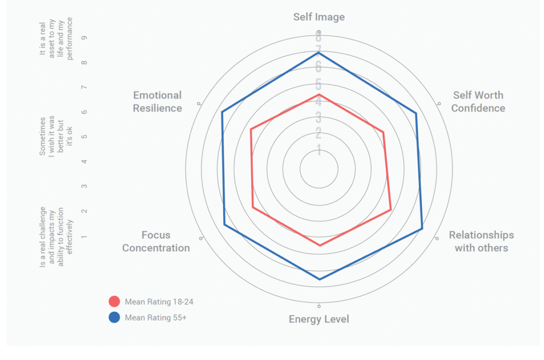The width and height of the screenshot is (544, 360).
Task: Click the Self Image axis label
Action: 319,17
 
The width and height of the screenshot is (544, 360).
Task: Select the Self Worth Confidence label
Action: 478,101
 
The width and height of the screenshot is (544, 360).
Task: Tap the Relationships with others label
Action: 481,241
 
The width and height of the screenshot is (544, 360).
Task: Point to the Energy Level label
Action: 319,319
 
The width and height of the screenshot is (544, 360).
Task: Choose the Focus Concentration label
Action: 156,241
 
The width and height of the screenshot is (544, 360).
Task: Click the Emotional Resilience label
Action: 157,101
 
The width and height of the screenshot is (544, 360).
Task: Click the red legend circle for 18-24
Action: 114,302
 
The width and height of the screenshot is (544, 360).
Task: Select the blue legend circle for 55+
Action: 114,318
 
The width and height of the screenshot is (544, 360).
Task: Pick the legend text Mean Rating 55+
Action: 156,318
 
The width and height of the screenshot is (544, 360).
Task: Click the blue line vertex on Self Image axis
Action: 319,53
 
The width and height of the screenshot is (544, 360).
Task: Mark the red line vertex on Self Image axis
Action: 319,95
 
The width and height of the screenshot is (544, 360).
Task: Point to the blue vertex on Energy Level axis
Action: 319,279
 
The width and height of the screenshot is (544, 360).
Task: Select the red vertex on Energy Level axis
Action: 319,245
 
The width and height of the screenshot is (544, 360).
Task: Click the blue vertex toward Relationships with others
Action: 422,229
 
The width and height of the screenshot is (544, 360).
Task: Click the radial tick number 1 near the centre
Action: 319,151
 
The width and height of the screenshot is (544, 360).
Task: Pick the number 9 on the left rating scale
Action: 85,38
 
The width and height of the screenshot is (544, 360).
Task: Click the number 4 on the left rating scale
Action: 85,161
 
